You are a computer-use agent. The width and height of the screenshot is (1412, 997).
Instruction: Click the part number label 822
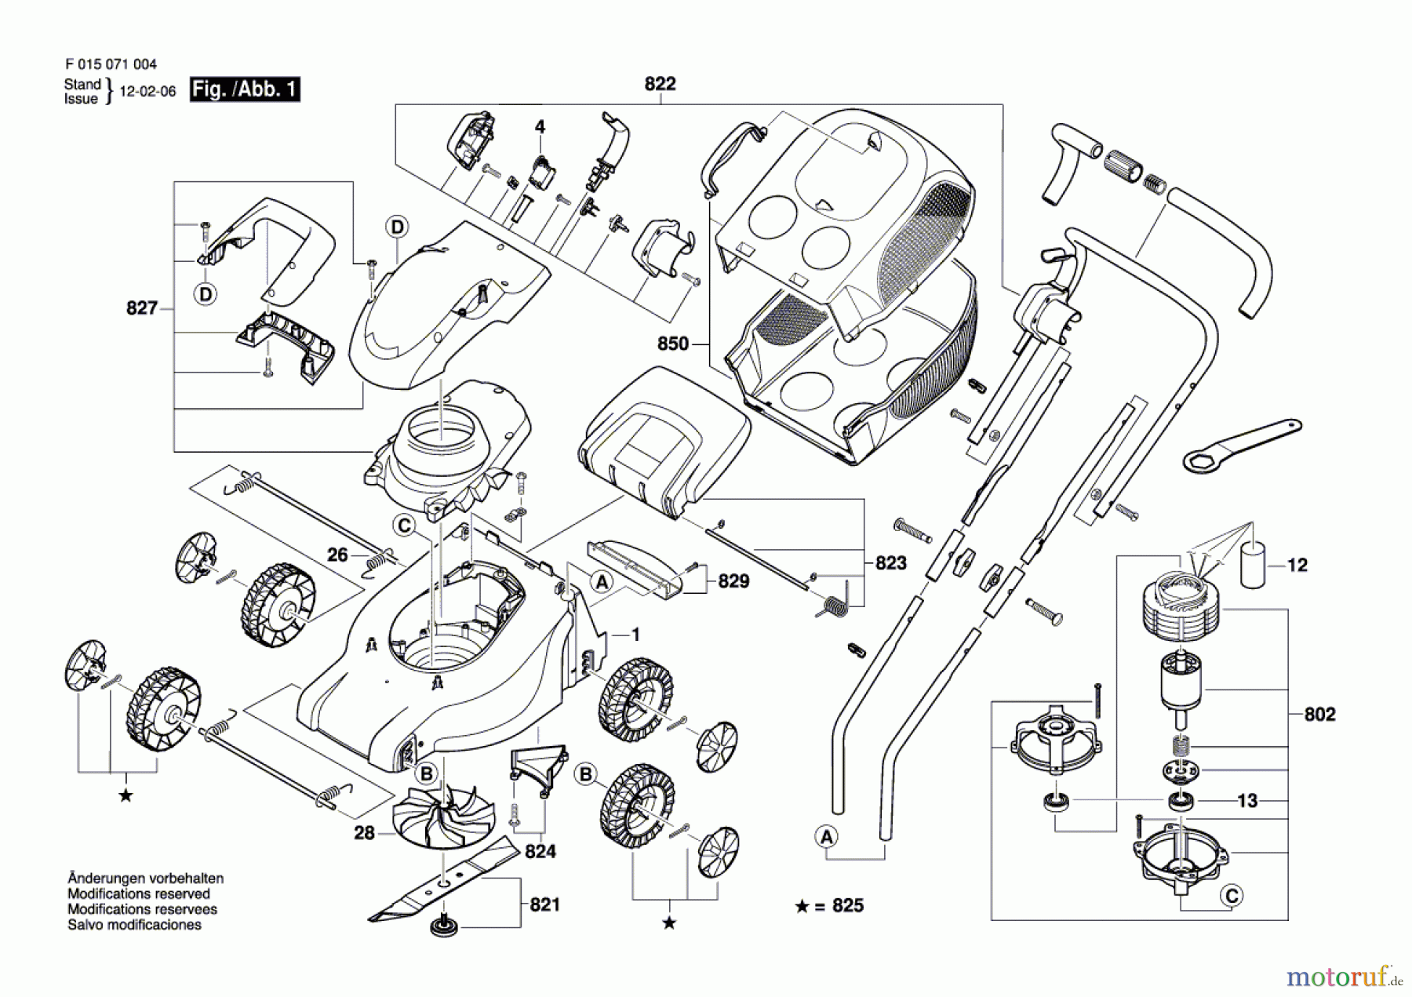(660, 84)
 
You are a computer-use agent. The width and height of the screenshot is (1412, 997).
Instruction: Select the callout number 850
(673, 344)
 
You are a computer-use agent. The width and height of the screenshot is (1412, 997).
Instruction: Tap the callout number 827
(142, 308)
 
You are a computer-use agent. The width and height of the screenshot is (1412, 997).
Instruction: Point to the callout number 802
(1319, 714)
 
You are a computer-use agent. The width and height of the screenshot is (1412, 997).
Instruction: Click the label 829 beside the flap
(733, 581)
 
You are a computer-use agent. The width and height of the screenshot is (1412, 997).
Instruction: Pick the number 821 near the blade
(544, 904)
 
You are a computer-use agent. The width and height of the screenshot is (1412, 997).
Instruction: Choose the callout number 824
(540, 851)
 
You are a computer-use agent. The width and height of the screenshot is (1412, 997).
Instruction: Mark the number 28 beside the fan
(364, 833)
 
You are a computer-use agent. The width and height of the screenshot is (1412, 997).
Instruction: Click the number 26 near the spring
(337, 555)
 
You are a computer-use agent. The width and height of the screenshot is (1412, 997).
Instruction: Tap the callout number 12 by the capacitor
(1297, 565)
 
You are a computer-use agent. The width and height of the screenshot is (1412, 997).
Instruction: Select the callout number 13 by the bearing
(1247, 801)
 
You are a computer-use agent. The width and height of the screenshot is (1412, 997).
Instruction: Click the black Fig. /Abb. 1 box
(245, 89)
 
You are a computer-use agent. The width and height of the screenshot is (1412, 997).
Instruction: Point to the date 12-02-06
(147, 92)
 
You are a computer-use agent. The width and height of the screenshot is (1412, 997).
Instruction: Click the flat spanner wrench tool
(1239, 444)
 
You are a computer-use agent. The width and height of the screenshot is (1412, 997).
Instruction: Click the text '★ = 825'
(829, 906)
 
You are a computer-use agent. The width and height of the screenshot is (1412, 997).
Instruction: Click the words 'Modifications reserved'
(139, 894)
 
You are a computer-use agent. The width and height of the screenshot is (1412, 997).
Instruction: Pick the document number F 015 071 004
(111, 64)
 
